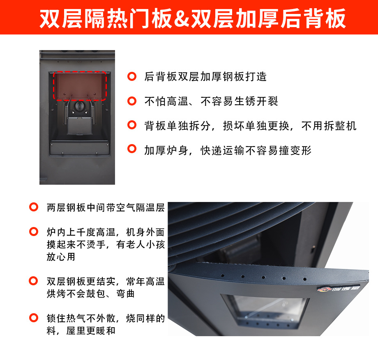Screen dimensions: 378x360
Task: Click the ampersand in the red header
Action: click(182, 18)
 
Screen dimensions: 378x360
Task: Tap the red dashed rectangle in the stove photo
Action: click(80, 72)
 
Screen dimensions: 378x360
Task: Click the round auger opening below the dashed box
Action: click(79, 106)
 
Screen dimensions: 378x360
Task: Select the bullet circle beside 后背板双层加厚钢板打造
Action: click(132, 77)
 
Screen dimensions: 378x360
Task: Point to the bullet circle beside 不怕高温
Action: click(132, 101)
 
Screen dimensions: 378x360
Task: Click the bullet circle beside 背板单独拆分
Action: click(132, 125)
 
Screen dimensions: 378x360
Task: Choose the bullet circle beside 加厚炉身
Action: click(132, 149)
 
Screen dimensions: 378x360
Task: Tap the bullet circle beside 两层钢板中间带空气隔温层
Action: click(34, 207)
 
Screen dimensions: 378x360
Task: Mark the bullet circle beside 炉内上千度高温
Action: click(34, 232)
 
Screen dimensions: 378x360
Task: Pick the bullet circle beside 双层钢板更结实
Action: click(34, 281)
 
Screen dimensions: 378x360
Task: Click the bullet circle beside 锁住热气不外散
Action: click(34, 318)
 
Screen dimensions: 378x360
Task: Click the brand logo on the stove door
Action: click(338, 289)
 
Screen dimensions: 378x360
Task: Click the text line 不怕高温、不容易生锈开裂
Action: click(211, 101)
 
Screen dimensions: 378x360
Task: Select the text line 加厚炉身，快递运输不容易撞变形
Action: click(228, 151)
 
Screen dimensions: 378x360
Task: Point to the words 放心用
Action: click(61, 257)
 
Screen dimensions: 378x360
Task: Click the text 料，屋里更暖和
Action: click(81, 330)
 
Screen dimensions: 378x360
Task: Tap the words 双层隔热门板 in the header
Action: click(106, 18)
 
